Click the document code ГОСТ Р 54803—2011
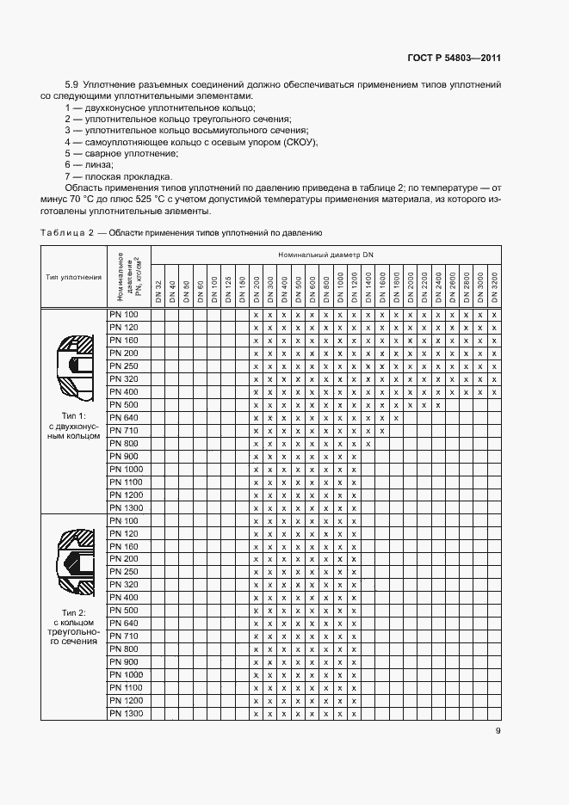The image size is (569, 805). coord(454,58)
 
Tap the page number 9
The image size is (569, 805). coord(498,731)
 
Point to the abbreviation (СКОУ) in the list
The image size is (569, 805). coord(300,141)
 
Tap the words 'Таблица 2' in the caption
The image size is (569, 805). coord(66,232)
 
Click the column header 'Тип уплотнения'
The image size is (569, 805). coord(73,277)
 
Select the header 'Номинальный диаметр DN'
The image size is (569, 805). coord(326,256)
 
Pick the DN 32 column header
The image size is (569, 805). coord(158,290)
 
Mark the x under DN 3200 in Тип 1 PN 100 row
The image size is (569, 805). coord(494,316)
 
